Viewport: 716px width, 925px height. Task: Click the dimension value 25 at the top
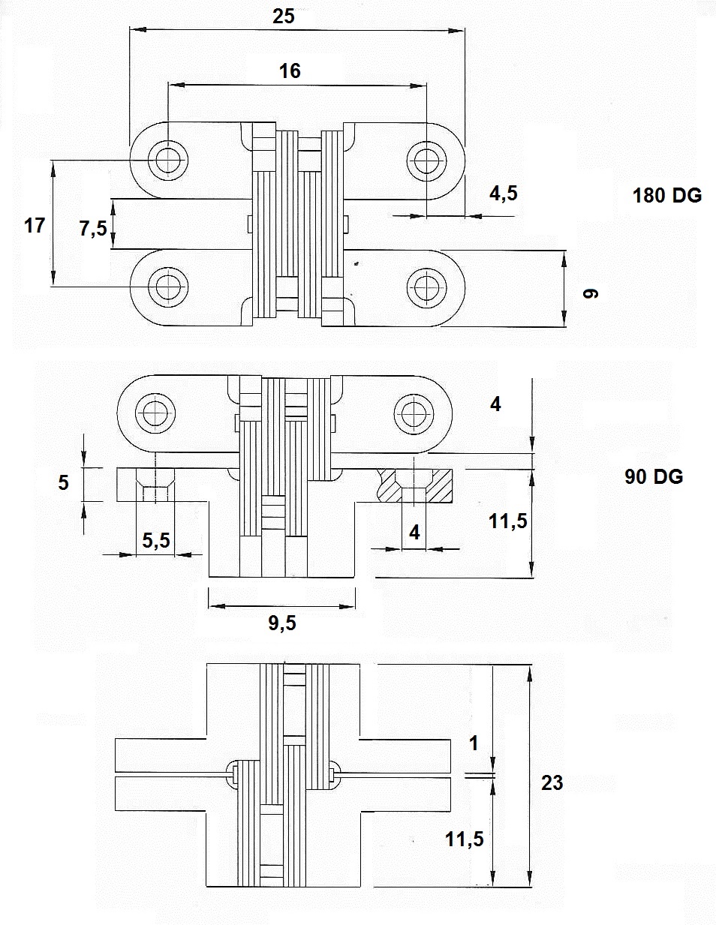[x=284, y=16]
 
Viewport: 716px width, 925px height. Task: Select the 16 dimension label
[x=290, y=71]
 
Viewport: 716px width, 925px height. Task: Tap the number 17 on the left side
[x=35, y=225]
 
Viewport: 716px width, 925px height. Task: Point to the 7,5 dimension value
[x=94, y=228]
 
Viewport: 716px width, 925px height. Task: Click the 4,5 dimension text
[x=504, y=194]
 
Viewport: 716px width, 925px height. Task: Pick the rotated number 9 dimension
[x=590, y=293]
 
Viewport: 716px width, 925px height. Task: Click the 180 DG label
[x=666, y=196]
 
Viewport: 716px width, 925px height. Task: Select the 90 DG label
[x=654, y=476]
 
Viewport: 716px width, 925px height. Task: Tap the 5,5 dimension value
[x=156, y=539]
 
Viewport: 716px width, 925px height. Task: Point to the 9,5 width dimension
[x=282, y=622]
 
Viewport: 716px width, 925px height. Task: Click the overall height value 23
[x=552, y=782]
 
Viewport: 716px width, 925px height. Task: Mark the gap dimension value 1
[x=474, y=743]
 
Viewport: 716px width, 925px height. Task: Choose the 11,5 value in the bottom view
[x=465, y=839]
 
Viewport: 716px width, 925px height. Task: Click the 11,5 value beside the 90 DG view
[x=508, y=521]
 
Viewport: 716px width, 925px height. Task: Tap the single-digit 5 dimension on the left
[x=64, y=482]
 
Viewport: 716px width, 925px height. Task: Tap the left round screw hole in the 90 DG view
[x=156, y=412]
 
